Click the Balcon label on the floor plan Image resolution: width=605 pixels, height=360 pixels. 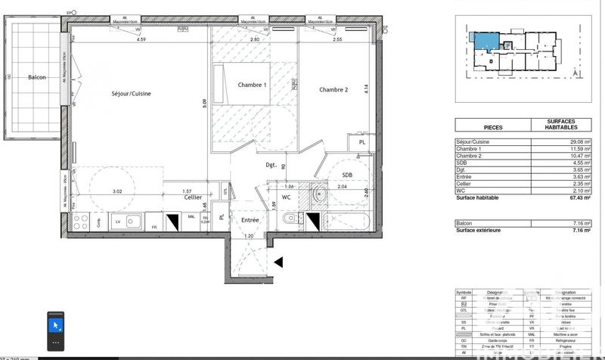(37, 78)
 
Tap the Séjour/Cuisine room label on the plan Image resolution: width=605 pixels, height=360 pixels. (131, 93)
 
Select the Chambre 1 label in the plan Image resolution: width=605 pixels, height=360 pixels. (252, 85)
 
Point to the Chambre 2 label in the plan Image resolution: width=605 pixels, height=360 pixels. (334, 90)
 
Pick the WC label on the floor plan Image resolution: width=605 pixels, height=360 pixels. (286, 197)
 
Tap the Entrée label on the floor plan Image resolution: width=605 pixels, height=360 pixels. (250, 220)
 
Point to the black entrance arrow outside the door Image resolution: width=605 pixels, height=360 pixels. (278, 262)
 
